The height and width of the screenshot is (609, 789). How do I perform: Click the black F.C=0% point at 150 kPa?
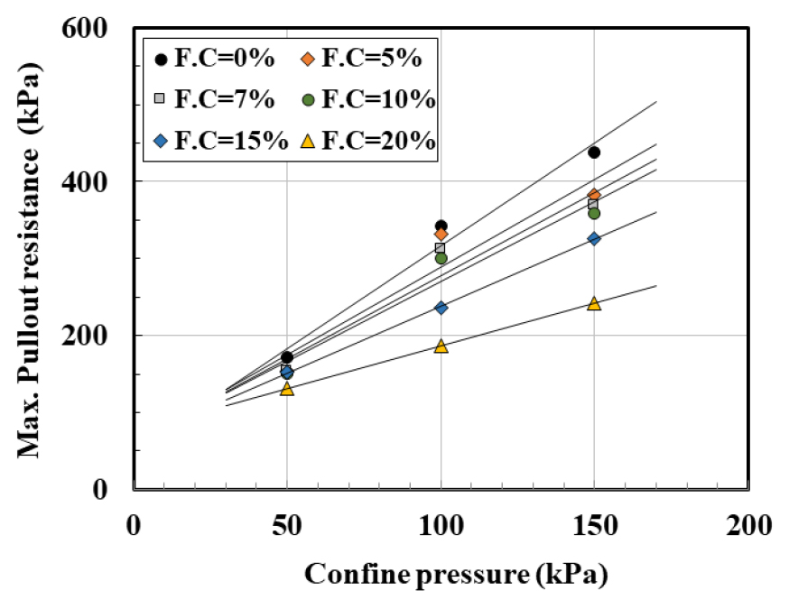click(594, 152)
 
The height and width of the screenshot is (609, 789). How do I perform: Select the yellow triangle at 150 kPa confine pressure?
click(594, 303)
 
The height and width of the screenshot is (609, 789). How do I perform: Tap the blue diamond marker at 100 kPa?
click(441, 308)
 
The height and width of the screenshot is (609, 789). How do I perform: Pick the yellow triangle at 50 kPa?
click(287, 389)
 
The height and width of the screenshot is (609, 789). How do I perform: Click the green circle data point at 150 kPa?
click(594, 213)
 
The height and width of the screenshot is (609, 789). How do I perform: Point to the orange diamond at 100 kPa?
click(441, 235)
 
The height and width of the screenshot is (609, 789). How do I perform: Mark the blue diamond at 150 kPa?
click(594, 238)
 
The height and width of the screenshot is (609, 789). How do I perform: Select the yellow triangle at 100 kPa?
click(441, 346)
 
